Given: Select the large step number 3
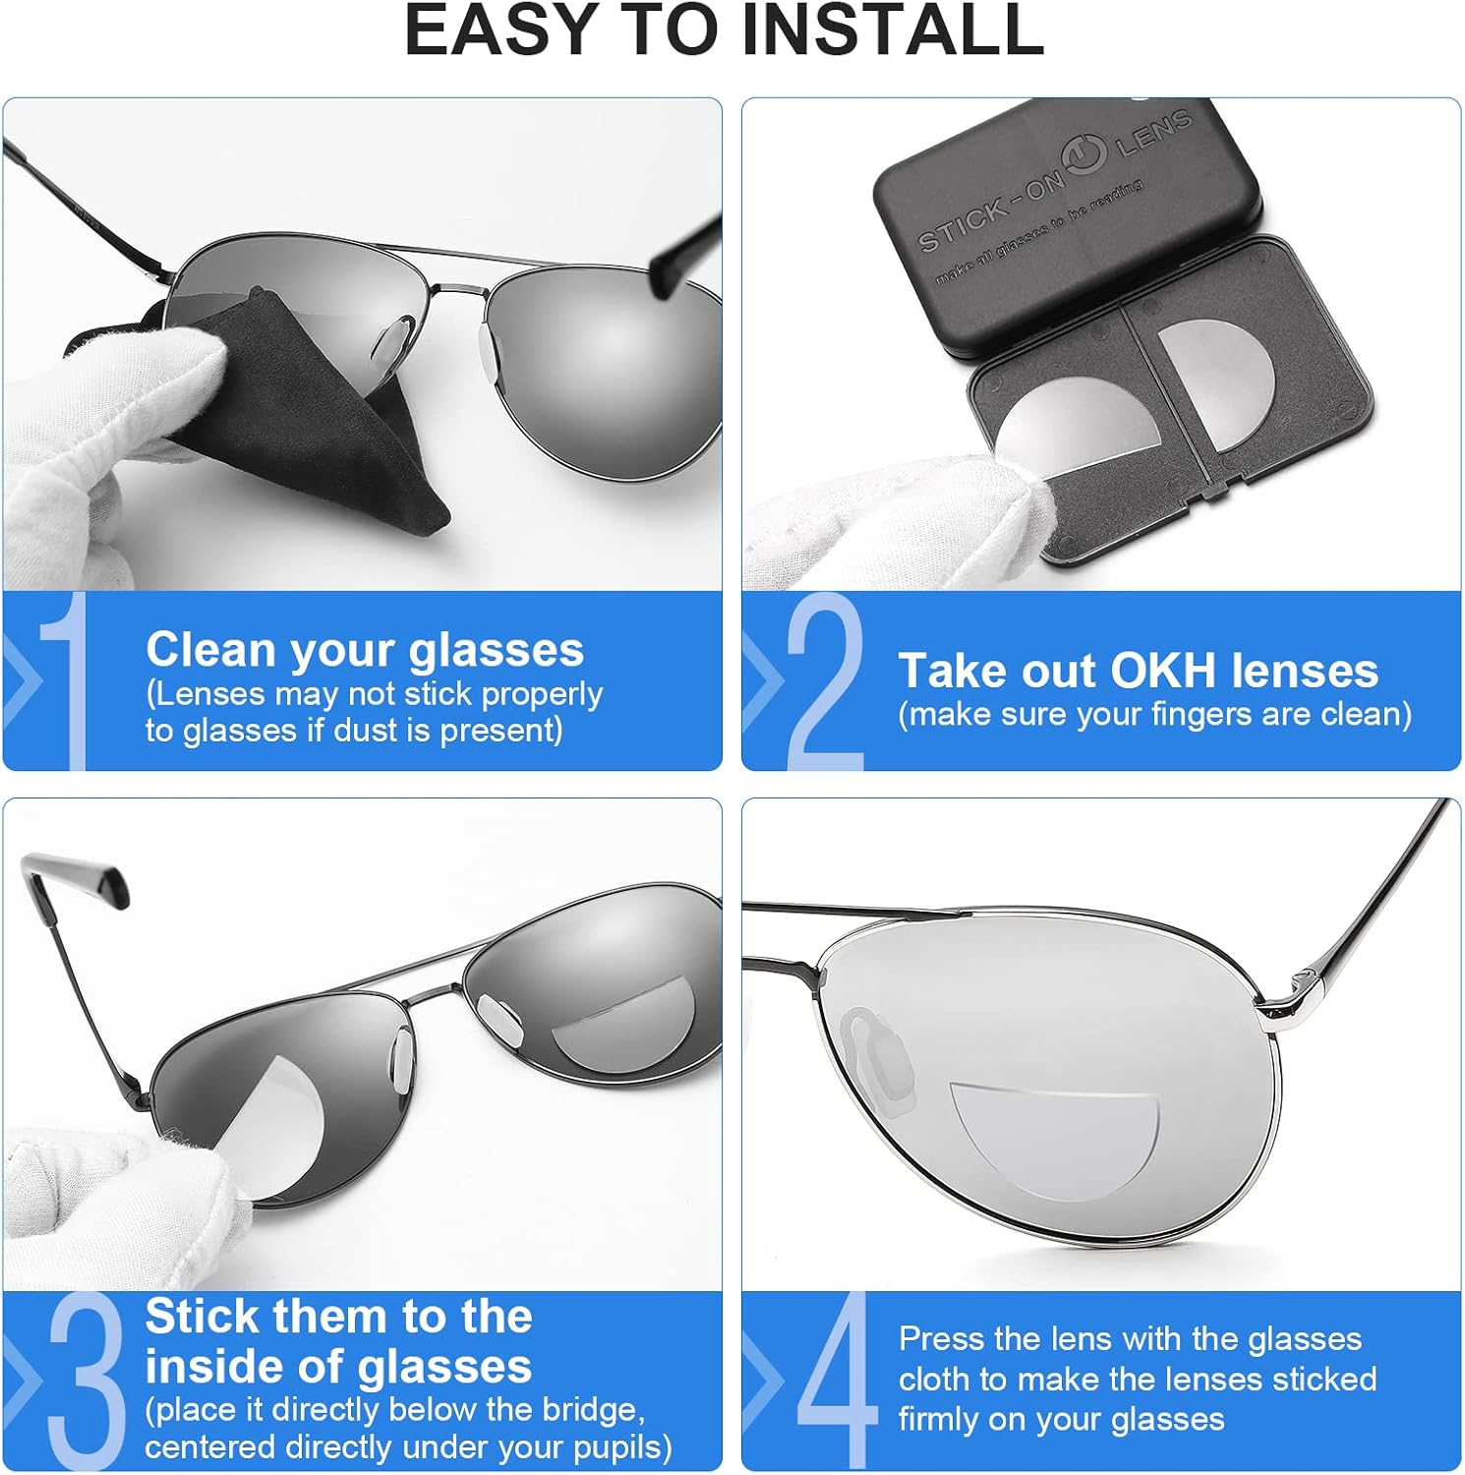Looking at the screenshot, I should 87,1382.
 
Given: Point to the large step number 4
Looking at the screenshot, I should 835,1382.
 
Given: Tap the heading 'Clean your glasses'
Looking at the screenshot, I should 365,650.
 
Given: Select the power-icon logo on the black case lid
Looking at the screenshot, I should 1084,157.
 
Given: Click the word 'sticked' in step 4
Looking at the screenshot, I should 1323,1379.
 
